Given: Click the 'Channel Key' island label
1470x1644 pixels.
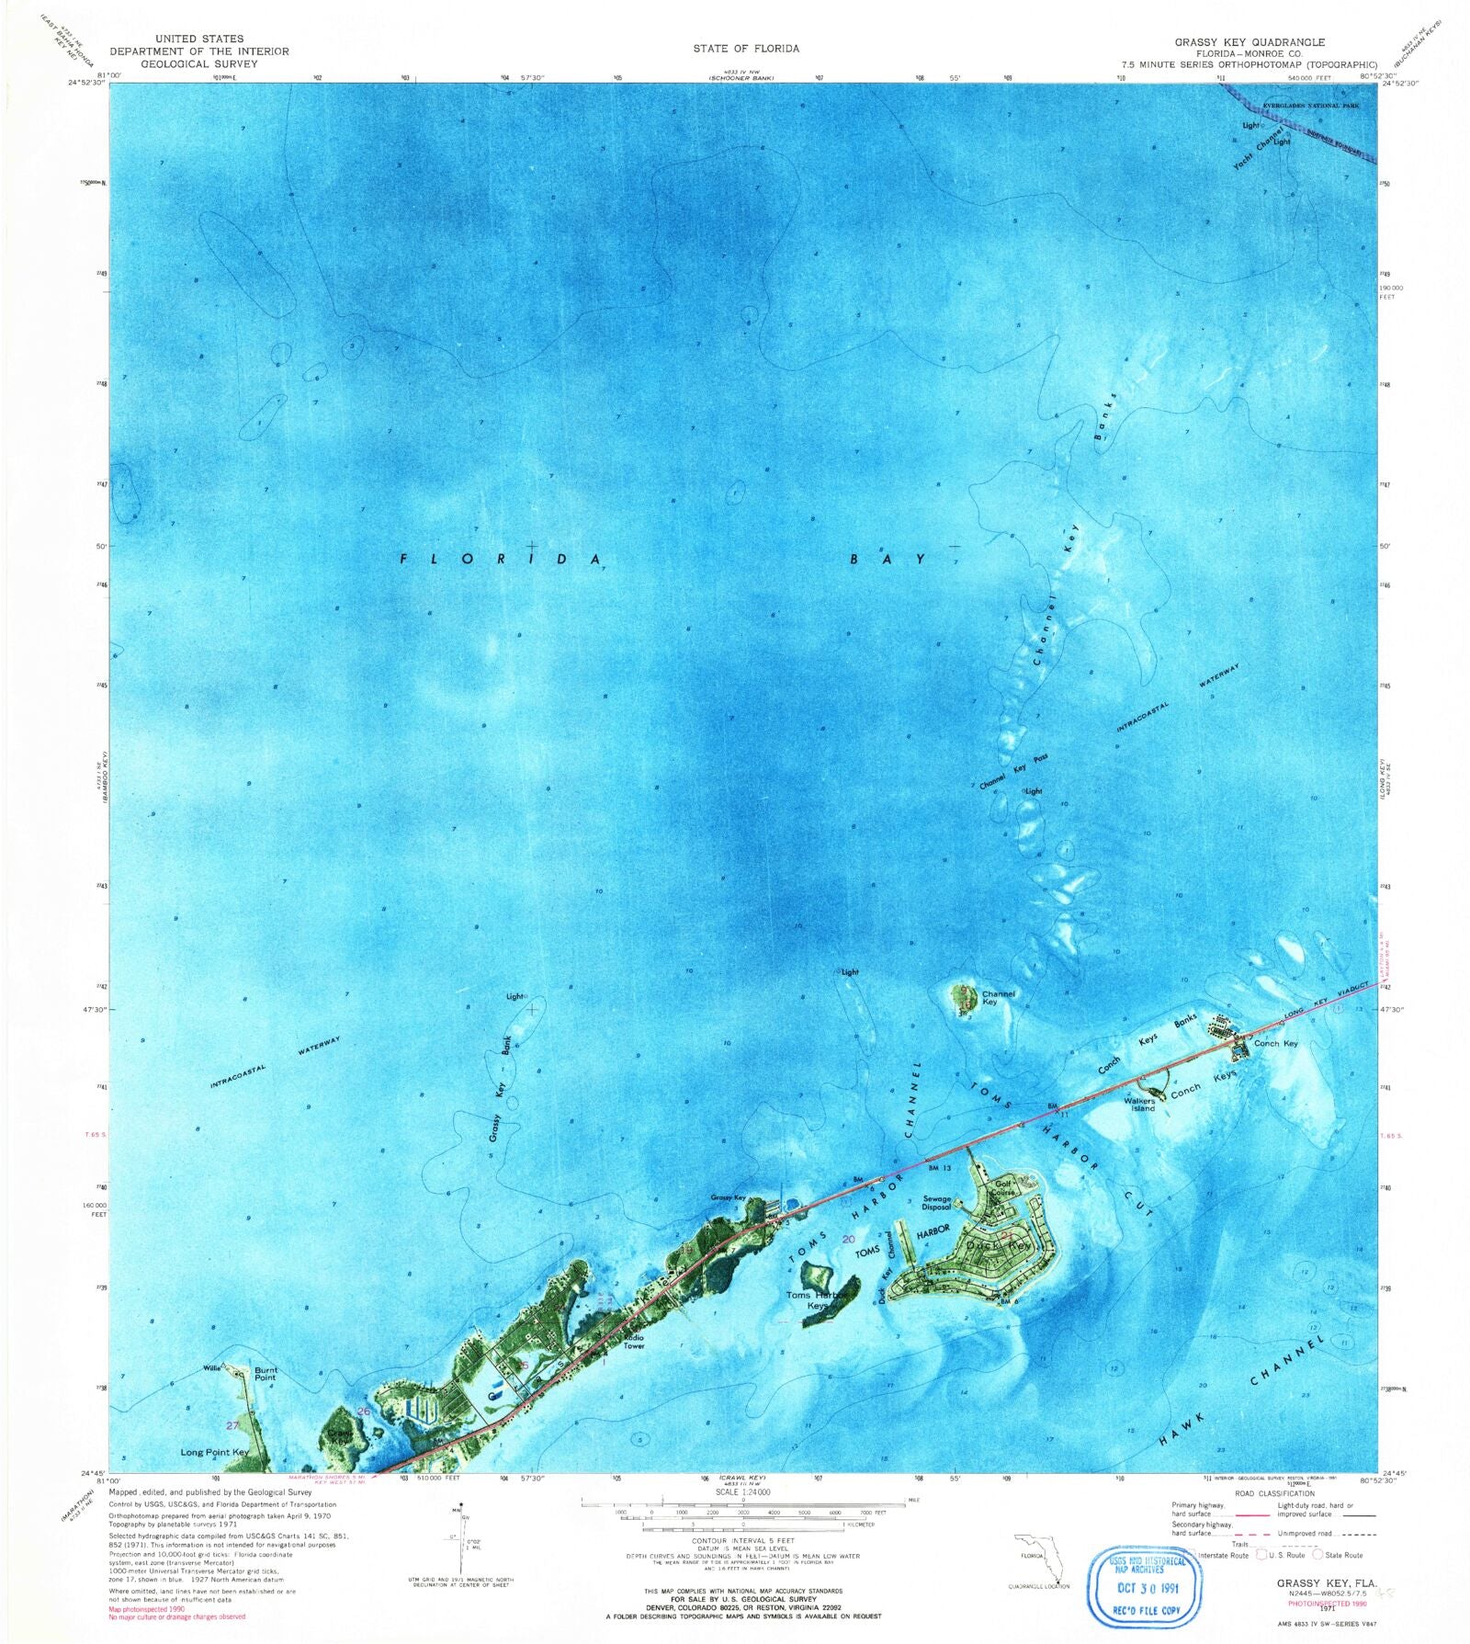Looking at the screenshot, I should (x=998, y=998).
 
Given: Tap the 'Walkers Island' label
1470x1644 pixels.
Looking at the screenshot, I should (x=1139, y=1105).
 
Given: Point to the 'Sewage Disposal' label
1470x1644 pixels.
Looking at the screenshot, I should (x=936, y=1203).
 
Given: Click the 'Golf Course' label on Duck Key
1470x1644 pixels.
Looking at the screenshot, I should (x=1003, y=1188).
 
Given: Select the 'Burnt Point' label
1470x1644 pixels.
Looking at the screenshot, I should (x=265, y=1374).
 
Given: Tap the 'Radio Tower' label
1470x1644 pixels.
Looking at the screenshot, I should (x=634, y=1342).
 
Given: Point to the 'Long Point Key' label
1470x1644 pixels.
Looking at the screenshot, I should (x=214, y=1453).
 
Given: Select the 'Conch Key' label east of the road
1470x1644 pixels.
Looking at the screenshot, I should (x=1276, y=1043).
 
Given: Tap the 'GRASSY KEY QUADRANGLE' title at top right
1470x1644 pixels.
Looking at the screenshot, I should (x=1249, y=42).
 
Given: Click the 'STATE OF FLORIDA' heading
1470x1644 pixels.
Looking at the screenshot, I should (x=746, y=48).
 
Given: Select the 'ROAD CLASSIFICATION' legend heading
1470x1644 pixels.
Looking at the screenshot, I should (x=1274, y=1493).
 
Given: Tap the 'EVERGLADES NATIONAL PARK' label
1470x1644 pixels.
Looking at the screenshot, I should (x=1310, y=106).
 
